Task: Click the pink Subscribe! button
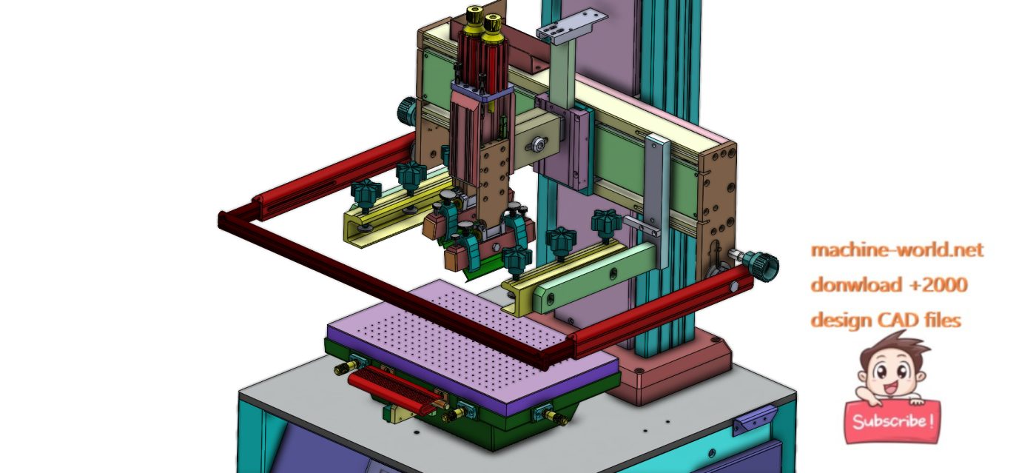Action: point(892,422)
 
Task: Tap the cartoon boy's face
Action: point(891,374)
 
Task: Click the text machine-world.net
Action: point(897,250)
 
